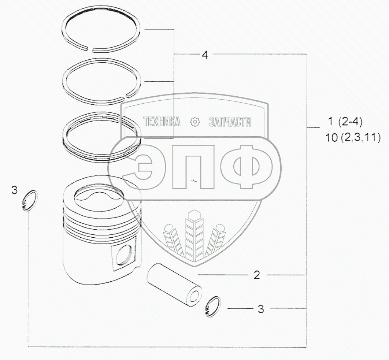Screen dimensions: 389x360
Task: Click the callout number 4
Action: pyautogui.click(x=205, y=55)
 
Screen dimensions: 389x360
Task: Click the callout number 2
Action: pyautogui.click(x=257, y=275)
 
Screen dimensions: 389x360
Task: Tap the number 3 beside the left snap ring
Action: pyautogui.click(x=15, y=190)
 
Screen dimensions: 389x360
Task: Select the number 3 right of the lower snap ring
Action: pyautogui.click(x=261, y=309)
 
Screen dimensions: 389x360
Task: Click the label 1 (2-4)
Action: pyautogui.click(x=345, y=122)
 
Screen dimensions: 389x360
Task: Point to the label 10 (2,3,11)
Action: pyautogui.click(x=353, y=137)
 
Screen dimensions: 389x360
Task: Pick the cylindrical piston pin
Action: pyautogui.click(x=174, y=284)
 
